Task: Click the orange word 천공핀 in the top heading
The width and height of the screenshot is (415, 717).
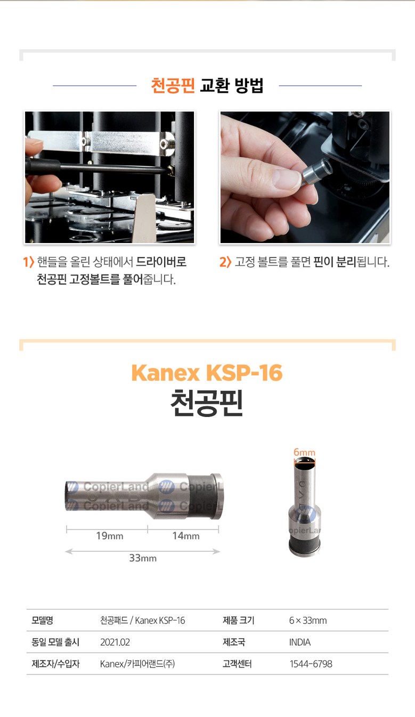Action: pos(173,85)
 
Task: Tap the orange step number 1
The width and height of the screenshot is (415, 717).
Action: pos(25,262)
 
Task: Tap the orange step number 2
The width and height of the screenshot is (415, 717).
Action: pos(222,262)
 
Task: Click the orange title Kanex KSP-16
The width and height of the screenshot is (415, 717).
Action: pos(207,373)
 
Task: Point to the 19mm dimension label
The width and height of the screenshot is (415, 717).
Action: pos(110,536)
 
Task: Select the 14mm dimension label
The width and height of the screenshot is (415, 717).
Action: pos(186,536)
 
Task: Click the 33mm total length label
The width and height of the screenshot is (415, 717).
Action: pos(143,558)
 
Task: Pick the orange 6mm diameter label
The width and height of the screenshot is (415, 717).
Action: pos(304,452)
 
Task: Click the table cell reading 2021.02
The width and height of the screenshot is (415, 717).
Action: pos(115,642)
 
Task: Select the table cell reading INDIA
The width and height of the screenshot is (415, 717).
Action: pos(300,642)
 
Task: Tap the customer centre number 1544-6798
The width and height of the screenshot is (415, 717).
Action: pos(311,664)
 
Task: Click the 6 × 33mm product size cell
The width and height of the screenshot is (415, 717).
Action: pos(308,621)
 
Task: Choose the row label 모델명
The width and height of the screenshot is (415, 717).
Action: pos(42,621)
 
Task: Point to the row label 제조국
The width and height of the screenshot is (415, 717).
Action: pos(234,642)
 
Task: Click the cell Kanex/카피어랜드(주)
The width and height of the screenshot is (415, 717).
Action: pos(137,664)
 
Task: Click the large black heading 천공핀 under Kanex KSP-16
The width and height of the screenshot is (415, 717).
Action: pos(207,402)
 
